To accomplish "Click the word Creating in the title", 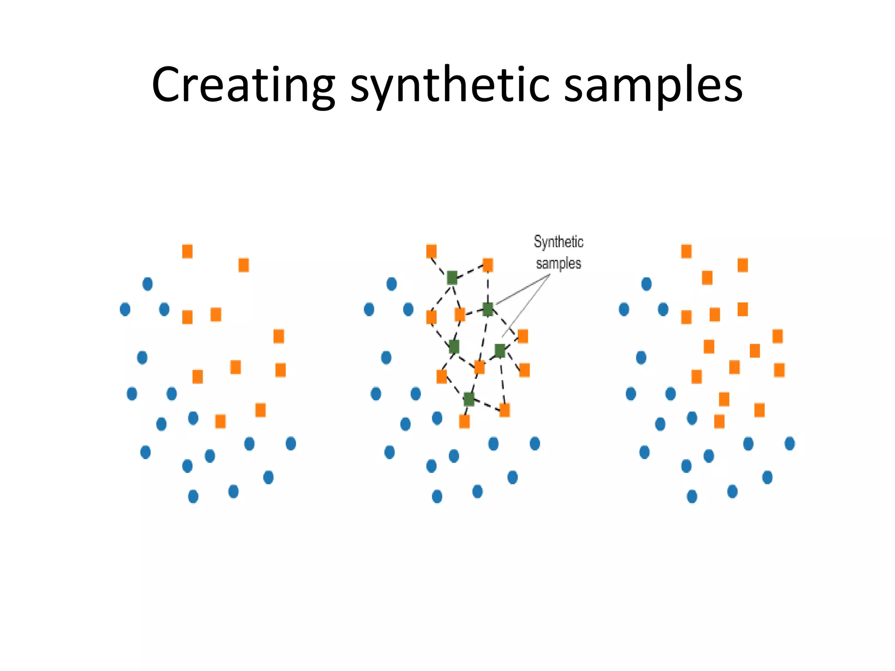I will [x=243, y=85].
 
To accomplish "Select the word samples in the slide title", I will [x=653, y=85].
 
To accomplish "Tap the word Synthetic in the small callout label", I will [x=559, y=242].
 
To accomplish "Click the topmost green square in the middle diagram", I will [x=452, y=277].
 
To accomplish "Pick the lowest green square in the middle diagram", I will [x=468, y=399].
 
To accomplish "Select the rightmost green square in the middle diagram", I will [x=500, y=350].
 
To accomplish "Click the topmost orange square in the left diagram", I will [x=187, y=252].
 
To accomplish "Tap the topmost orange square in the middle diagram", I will [x=431, y=252].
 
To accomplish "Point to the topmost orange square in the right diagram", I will [x=687, y=252].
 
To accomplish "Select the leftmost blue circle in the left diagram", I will [x=125, y=310].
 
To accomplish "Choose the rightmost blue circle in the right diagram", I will [x=790, y=444].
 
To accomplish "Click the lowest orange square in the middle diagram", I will [x=464, y=422].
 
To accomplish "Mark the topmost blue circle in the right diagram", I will [x=646, y=284].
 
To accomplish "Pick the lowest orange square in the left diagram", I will [x=220, y=422].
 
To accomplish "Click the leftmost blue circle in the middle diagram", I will [x=369, y=310].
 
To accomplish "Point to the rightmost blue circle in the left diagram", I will [x=291, y=444].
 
